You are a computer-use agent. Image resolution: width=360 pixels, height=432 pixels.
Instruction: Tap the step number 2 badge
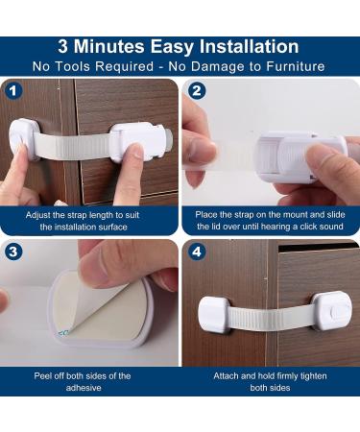(198, 93)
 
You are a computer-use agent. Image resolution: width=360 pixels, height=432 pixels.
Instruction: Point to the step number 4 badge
(198, 253)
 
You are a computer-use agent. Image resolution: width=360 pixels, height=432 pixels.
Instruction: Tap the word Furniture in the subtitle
(293, 66)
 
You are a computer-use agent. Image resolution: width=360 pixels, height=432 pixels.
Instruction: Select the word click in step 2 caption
(306, 227)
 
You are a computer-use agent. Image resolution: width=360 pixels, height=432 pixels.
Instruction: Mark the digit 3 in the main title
(64, 47)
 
